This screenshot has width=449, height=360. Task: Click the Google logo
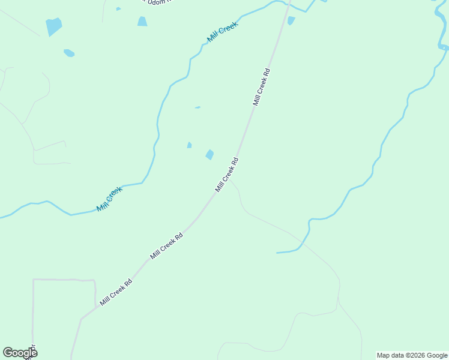tap(20, 353)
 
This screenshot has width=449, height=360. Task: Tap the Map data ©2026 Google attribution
tap(412, 355)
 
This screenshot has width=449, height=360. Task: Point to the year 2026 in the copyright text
tap(416, 355)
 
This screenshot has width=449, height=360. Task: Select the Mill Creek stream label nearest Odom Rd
tap(222, 31)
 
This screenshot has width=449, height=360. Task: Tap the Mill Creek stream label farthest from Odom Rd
tap(109, 199)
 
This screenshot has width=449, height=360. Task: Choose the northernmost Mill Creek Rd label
tap(261, 87)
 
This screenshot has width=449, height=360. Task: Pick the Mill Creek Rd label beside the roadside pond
tap(227, 175)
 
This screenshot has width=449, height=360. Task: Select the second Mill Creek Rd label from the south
tap(166, 245)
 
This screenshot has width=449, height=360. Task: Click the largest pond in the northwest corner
tap(53, 26)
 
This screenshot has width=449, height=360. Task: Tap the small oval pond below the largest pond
tap(69, 53)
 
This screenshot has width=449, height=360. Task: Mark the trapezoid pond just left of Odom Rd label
tap(142, 22)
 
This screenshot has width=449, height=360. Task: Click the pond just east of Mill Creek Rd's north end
tap(291, 20)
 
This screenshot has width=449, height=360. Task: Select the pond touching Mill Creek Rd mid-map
tap(209, 155)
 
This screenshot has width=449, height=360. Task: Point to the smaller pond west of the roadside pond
tap(189, 145)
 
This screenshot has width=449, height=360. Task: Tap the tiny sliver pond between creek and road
tap(197, 107)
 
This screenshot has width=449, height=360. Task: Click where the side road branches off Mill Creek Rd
tap(231, 178)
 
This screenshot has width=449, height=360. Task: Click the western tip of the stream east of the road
tap(277, 253)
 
